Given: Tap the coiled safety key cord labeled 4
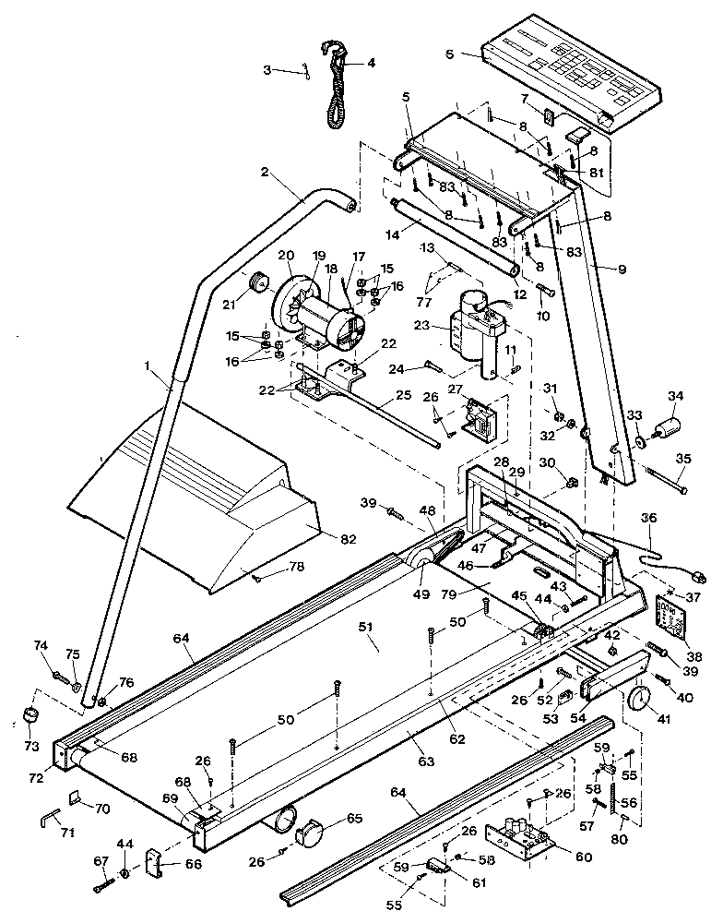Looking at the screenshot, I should pyautogui.click(x=336, y=88).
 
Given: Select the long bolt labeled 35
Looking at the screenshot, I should pyautogui.click(x=667, y=479).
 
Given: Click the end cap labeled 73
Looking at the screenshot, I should pyautogui.click(x=31, y=716).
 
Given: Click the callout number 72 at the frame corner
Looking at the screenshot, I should pyautogui.click(x=36, y=778).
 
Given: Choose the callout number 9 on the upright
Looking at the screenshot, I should pyautogui.click(x=621, y=269).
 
